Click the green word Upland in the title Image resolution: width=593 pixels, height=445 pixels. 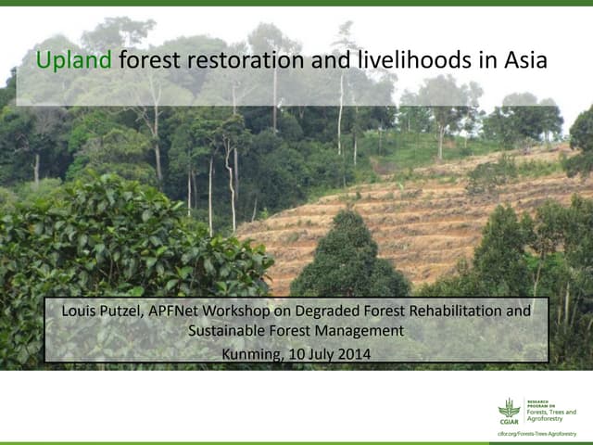point(74,61)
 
